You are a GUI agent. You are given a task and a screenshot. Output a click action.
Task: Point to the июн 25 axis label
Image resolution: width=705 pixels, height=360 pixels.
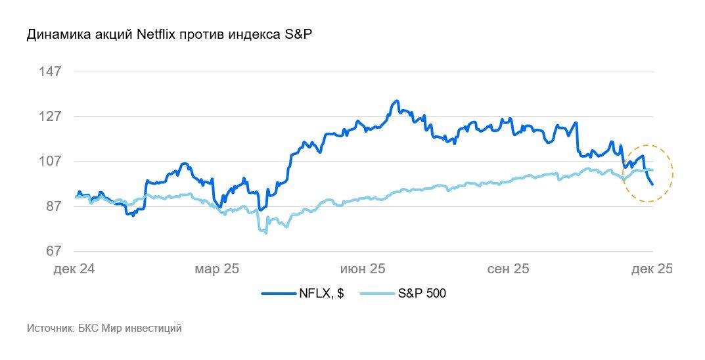[363, 269]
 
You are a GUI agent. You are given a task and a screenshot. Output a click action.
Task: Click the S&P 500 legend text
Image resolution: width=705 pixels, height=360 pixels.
[422, 294]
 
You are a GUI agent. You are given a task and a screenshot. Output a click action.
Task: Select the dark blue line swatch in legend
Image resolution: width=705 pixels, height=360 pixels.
[277, 294]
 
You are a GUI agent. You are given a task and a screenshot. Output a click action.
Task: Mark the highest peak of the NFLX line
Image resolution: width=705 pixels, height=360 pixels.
[396, 101]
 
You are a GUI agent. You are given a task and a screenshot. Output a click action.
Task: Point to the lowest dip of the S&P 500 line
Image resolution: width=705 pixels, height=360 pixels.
[265, 233]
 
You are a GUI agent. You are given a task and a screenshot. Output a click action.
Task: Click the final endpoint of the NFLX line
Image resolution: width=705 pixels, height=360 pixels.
[652, 184]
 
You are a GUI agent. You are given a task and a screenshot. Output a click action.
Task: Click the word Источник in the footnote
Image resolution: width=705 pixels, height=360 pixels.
[50, 328]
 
